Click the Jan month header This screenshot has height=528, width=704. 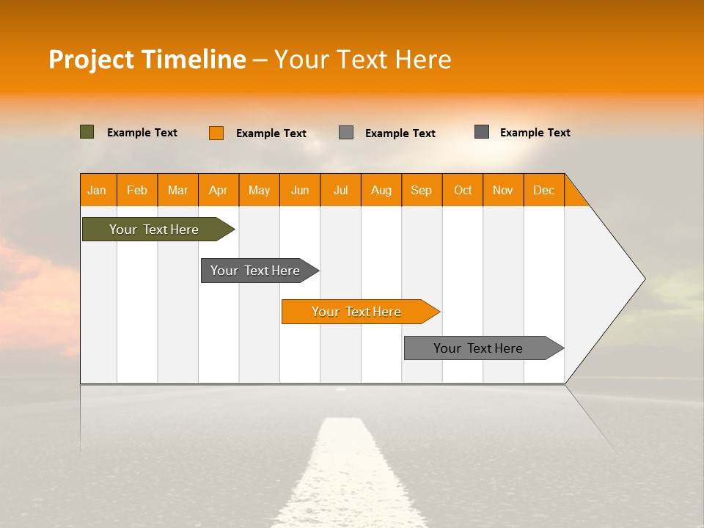(98, 190)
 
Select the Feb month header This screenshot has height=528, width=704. (137, 190)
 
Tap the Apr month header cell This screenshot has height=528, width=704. (219, 190)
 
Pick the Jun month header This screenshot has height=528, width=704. (300, 190)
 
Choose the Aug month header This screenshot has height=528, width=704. (381, 190)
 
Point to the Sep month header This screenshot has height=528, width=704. (422, 190)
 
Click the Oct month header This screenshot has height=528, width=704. (463, 190)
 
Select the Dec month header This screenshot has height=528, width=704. (544, 190)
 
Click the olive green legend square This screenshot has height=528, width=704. (87, 132)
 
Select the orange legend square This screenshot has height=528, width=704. (216, 133)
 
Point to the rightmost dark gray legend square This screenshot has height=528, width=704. (482, 132)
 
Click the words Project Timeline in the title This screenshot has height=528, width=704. (147, 59)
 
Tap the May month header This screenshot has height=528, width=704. (259, 190)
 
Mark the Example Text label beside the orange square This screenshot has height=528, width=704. (271, 133)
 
